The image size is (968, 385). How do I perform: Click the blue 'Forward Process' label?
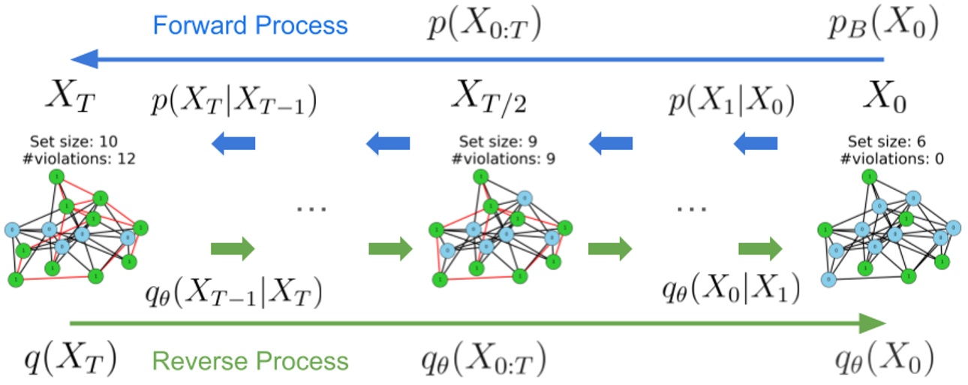[251, 26]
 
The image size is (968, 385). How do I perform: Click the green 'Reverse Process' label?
[251, 361]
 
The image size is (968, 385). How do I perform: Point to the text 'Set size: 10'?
[74, 141]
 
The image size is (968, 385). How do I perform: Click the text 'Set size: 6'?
[882, 141]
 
